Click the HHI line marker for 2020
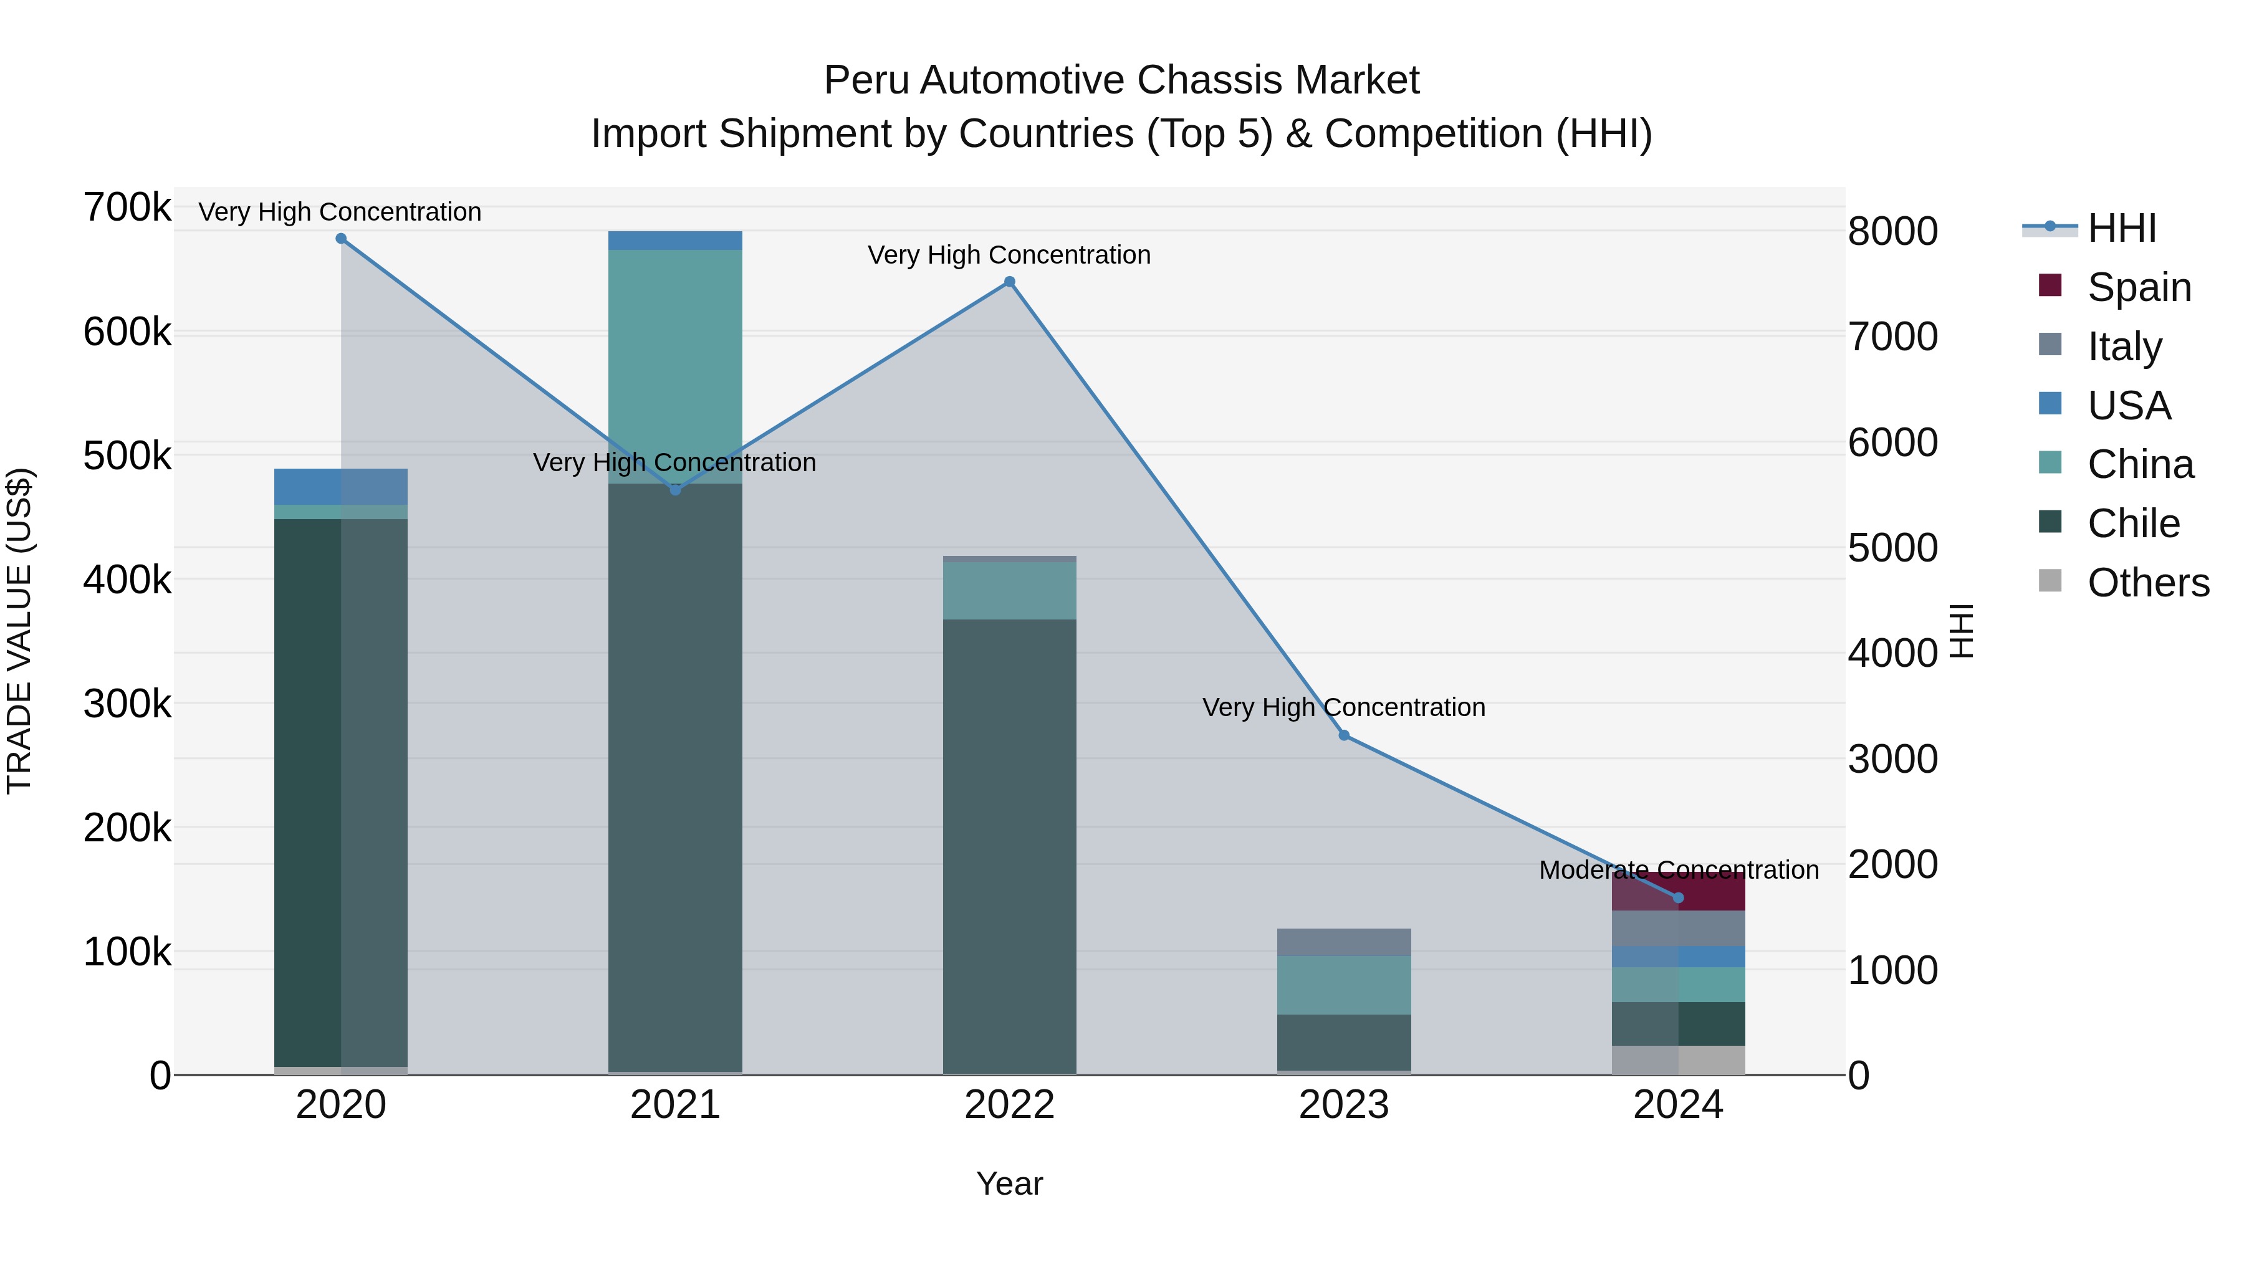340,239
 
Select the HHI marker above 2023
1344,736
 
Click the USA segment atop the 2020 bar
340,486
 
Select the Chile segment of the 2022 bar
1010,845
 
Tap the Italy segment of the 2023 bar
1344,942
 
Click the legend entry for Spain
2139,287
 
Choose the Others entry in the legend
2147,583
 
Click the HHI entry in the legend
2121,228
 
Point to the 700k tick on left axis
127,208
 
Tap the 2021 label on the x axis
675,1105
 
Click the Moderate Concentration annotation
1678,870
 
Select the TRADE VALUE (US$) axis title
19,631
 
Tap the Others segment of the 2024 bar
1678,1060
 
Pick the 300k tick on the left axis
127,704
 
